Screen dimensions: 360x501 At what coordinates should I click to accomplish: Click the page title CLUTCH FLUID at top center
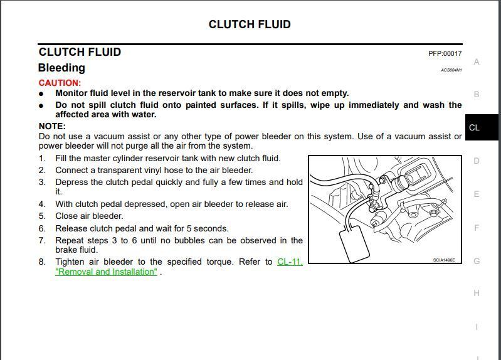250,24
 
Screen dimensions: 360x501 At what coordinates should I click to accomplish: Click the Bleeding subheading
61,68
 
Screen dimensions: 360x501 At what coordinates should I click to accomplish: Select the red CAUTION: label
60,83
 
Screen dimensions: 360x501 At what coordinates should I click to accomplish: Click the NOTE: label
52,126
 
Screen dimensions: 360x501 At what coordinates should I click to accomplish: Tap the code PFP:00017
445,54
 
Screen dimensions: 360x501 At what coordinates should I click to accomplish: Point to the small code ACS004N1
451,70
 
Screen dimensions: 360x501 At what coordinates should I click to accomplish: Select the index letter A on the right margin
477,61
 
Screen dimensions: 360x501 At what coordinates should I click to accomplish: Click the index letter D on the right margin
477,161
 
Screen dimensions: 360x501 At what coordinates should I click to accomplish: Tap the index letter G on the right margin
477,261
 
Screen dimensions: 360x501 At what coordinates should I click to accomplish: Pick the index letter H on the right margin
477,293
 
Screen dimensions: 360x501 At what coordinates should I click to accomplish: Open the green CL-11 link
290,262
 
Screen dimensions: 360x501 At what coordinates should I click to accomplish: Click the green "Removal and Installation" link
106,272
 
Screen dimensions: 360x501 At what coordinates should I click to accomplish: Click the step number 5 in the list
42,216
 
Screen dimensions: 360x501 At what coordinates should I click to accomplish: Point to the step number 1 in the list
42,158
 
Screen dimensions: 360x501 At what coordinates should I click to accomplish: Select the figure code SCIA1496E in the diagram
444,260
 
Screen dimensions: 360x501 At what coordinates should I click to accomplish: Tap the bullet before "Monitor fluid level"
41,93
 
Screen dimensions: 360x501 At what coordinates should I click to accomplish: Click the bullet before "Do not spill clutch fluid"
41,105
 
